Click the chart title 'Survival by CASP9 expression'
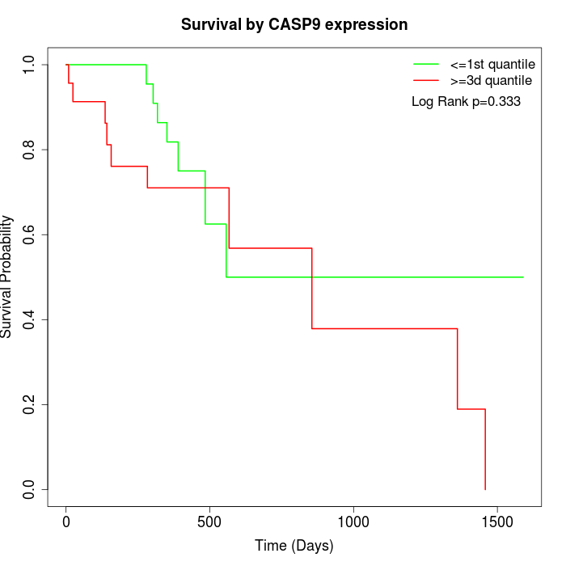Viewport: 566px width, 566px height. tap(294, 24)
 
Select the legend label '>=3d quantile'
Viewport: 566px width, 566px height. tap(491, 80)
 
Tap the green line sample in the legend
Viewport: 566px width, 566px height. tap(426, 64)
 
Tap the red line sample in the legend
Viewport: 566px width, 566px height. tap(426, 80)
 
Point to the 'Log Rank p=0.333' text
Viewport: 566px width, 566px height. tap(466, 102)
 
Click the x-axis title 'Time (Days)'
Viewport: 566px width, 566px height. tap(294, 546)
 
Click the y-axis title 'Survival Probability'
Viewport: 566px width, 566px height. tap(7, 277)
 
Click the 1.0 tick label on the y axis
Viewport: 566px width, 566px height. tap(30, 65)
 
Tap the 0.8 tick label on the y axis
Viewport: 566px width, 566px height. tap(30, 150)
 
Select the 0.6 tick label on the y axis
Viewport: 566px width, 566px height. tap(30, 234)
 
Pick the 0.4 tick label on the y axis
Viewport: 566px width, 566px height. tap(30, 319)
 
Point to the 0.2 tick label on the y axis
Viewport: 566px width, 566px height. tap(30, 404)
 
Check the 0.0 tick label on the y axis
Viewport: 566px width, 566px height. tap(30, 489)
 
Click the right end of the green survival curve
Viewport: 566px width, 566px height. tap(523, 277)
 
